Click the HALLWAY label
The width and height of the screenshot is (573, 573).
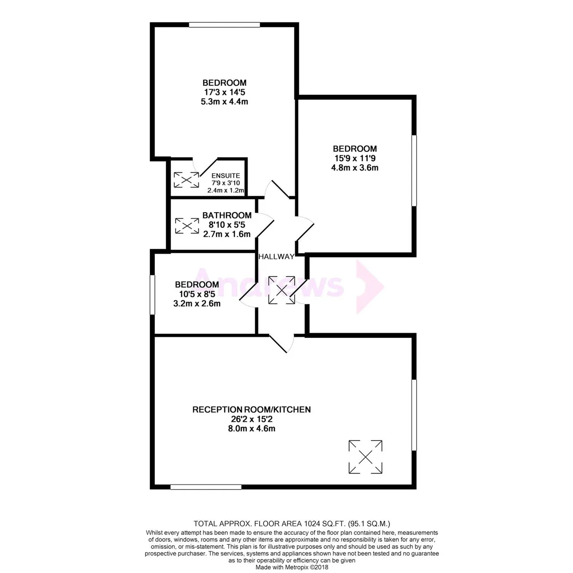pos(276,257)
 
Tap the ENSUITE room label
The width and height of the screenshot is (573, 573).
pos(226,176)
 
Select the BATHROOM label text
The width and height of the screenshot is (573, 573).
pos(227,215)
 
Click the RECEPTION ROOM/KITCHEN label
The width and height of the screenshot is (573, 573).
pos(252,410)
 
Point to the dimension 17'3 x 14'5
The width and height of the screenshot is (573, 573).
pos(225,92)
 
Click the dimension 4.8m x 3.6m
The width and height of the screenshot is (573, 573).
pos(355,168)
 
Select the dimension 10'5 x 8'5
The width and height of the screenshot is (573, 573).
pos(197,294)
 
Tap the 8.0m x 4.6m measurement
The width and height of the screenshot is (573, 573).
pos(252,428)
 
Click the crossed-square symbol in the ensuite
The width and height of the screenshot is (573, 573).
pos(186,180)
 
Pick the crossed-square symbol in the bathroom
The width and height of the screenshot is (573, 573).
pos(187,226)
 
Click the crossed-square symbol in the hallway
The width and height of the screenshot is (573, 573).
pos(282,290)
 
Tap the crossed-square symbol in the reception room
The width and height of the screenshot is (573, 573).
pos(365,457)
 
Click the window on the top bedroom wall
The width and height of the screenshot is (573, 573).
pos(225,25)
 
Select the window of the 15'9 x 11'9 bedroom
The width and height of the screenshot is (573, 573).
pos(414,171)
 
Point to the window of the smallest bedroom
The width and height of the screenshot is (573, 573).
pos(152,295)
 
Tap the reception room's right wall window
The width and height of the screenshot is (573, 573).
pos(414,415)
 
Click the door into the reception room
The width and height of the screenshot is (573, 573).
pos(282,344)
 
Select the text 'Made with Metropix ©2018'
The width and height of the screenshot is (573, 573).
pos(292,567)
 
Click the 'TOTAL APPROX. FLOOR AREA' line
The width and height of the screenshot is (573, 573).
pos(292,523)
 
